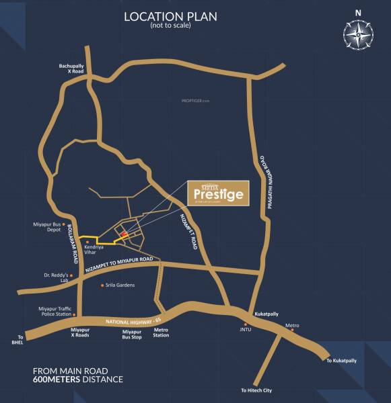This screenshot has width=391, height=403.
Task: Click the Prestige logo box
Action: (x=217, y=193)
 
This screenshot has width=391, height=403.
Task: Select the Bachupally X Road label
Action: (x=71, y=68)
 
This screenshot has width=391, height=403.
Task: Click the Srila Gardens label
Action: (x=120, y=285)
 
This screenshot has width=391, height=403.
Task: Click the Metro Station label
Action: (x=161, y=332)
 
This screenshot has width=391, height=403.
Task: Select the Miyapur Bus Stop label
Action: (x=132, y=334)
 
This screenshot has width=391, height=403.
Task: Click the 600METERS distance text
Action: (x=78, y=379)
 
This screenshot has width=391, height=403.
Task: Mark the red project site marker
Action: (x=123, y=234)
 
